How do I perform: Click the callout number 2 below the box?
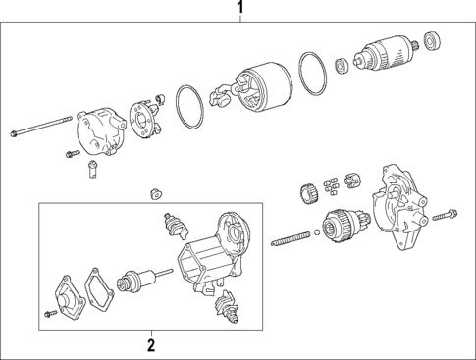coord(151,344)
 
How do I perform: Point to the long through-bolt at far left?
coord(41,127)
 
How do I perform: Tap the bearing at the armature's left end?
coord(341,66)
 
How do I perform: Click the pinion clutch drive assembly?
coord(341,225)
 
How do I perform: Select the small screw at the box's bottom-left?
coord(50,312)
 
